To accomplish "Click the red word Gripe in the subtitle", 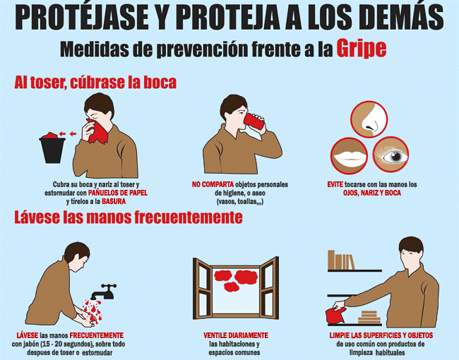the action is [x=362, y=48].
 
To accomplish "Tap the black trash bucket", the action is [x=52, y=150].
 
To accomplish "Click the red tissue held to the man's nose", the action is [x=97, y=131].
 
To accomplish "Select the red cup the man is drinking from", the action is [x=254, y=121].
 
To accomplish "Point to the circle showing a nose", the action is [x=369, y=119].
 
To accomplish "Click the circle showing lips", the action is [x=349, y=156].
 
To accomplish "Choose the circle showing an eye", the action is [x=391, y=155].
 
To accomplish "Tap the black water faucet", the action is [x=104, y=292].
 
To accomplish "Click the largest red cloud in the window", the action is [x=246, y=277].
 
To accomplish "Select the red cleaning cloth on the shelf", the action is [x=335, y=316].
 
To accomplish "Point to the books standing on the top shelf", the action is [x=341, y=260].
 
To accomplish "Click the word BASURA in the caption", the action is [x=114, y=201].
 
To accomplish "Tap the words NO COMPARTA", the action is [x=213, y=184].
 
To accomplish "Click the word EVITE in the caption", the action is [x=335, y=184].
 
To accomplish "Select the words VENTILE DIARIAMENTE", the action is [x=236, y=335].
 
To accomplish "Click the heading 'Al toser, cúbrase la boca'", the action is [x=95, y=83].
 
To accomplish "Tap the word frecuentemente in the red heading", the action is [x=189, y=217].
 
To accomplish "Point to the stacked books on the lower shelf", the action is [x=369, y=317].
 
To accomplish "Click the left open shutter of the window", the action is [x=202, y=289].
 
